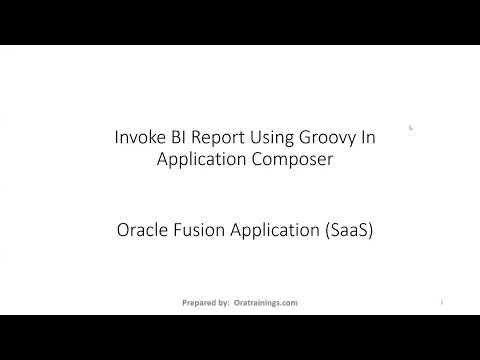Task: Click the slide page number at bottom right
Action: pos(441,301)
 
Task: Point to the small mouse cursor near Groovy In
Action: pos(383,127)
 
